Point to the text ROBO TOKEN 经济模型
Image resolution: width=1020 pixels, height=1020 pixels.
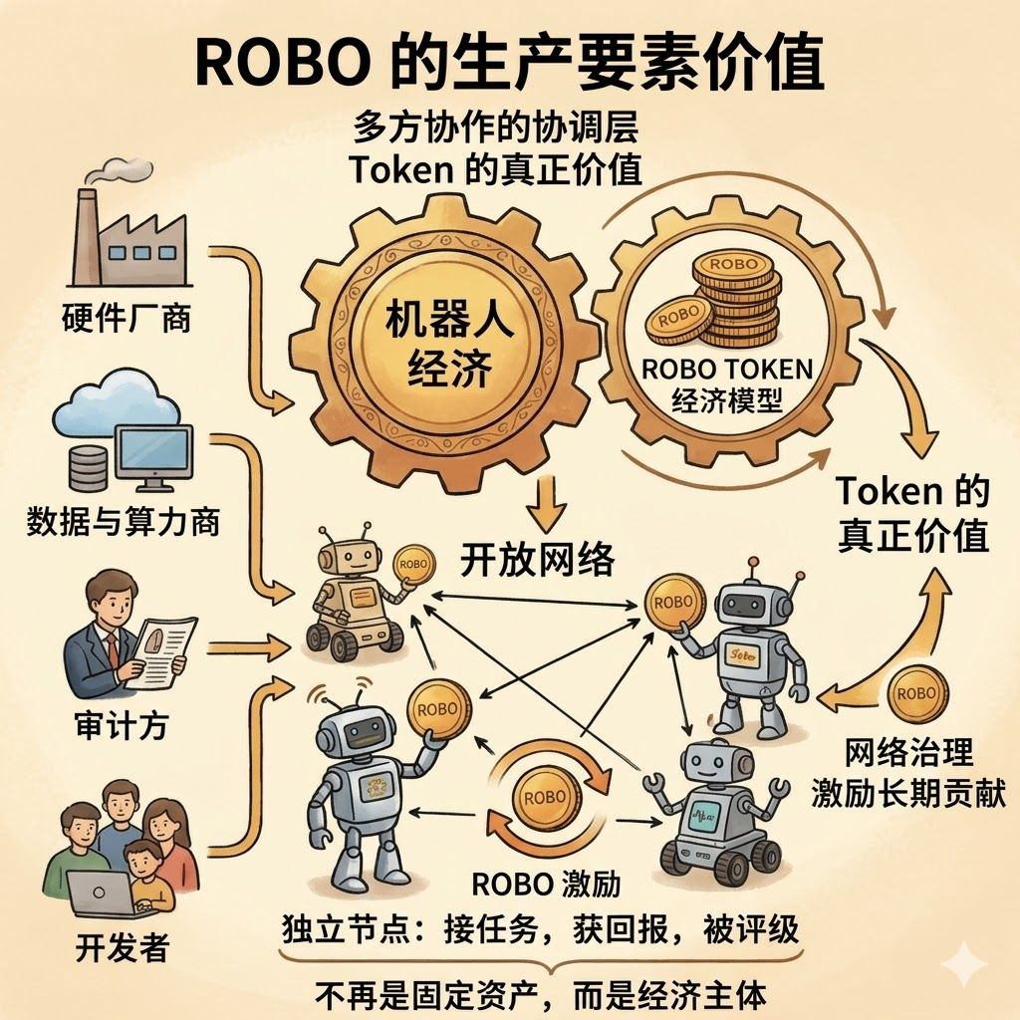726,384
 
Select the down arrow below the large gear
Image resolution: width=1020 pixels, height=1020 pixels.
547,503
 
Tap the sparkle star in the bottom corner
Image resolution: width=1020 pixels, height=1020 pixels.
965,965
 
